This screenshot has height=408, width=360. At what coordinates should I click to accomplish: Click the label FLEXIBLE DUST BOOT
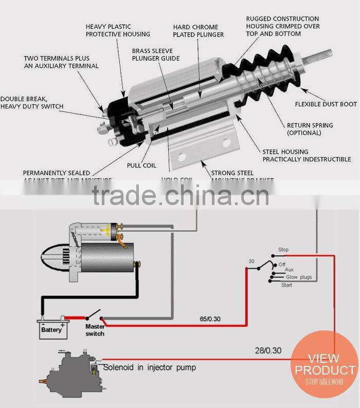coord(326,104)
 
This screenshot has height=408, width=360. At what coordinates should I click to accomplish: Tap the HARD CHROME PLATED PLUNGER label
coord(199,31)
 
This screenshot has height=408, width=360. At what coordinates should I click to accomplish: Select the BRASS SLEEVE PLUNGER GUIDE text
coord(152,55)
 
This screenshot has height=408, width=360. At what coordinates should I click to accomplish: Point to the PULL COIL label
coord(141,165)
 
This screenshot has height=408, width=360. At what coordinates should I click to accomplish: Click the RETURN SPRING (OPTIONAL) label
coord(310,129)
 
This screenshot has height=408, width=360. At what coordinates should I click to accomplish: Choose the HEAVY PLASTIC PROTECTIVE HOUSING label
coord(118,30)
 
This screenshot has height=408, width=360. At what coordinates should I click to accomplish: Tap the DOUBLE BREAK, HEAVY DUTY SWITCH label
coord(32,103)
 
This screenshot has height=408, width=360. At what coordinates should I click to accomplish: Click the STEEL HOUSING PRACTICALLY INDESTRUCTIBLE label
coord(307,155)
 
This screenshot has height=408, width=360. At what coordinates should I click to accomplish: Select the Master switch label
coord(95,330)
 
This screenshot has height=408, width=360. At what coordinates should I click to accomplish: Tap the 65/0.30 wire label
coord(210,319)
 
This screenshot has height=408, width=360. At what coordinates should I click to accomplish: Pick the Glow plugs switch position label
coord(299,277)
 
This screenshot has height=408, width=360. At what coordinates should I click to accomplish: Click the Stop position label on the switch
coord(283,250)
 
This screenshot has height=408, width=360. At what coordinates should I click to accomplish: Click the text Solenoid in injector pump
coord(150,367)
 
